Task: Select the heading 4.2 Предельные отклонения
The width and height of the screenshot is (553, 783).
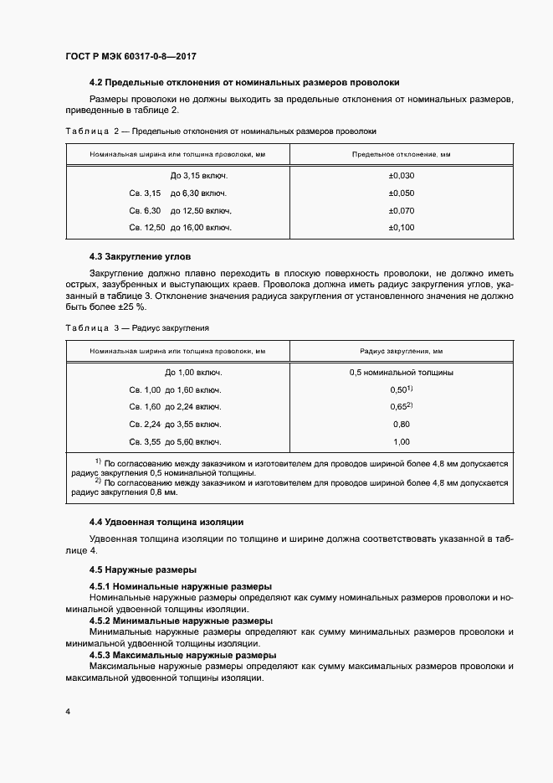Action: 244,82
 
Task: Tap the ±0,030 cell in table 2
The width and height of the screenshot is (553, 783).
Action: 402,176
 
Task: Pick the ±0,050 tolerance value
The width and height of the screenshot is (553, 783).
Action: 402,193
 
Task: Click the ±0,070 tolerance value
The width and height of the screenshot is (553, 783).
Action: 402,210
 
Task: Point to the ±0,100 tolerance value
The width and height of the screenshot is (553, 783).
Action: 402,227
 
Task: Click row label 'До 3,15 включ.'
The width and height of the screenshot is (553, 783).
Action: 198,176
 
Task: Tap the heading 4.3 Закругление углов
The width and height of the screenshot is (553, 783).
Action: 146,255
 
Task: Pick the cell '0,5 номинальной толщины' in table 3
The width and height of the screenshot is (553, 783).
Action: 402,373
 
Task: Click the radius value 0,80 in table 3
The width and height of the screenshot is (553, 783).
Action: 401,424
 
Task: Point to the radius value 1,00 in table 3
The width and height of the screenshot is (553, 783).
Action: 401,441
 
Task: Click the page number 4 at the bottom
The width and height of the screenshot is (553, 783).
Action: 67,712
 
